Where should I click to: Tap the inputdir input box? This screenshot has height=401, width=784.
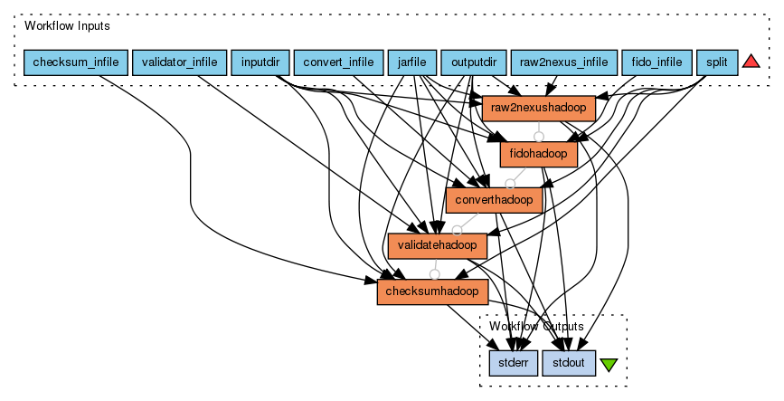(260, 62)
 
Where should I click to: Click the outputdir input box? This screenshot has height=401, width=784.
(473, 62)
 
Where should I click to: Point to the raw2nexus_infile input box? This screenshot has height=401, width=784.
(563, 62)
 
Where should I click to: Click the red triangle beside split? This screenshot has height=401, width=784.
(751, 62)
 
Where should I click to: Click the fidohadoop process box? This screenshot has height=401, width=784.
(539, 154)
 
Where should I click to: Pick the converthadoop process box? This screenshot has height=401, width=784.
(495, 199)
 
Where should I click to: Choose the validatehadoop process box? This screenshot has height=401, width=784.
(438, 245)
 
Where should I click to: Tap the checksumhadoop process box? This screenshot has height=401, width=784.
(432, 291)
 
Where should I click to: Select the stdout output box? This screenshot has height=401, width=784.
(569, 364)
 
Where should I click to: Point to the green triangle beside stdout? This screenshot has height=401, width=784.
(609, 365)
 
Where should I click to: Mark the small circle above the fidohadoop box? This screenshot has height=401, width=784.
(539, 137)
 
